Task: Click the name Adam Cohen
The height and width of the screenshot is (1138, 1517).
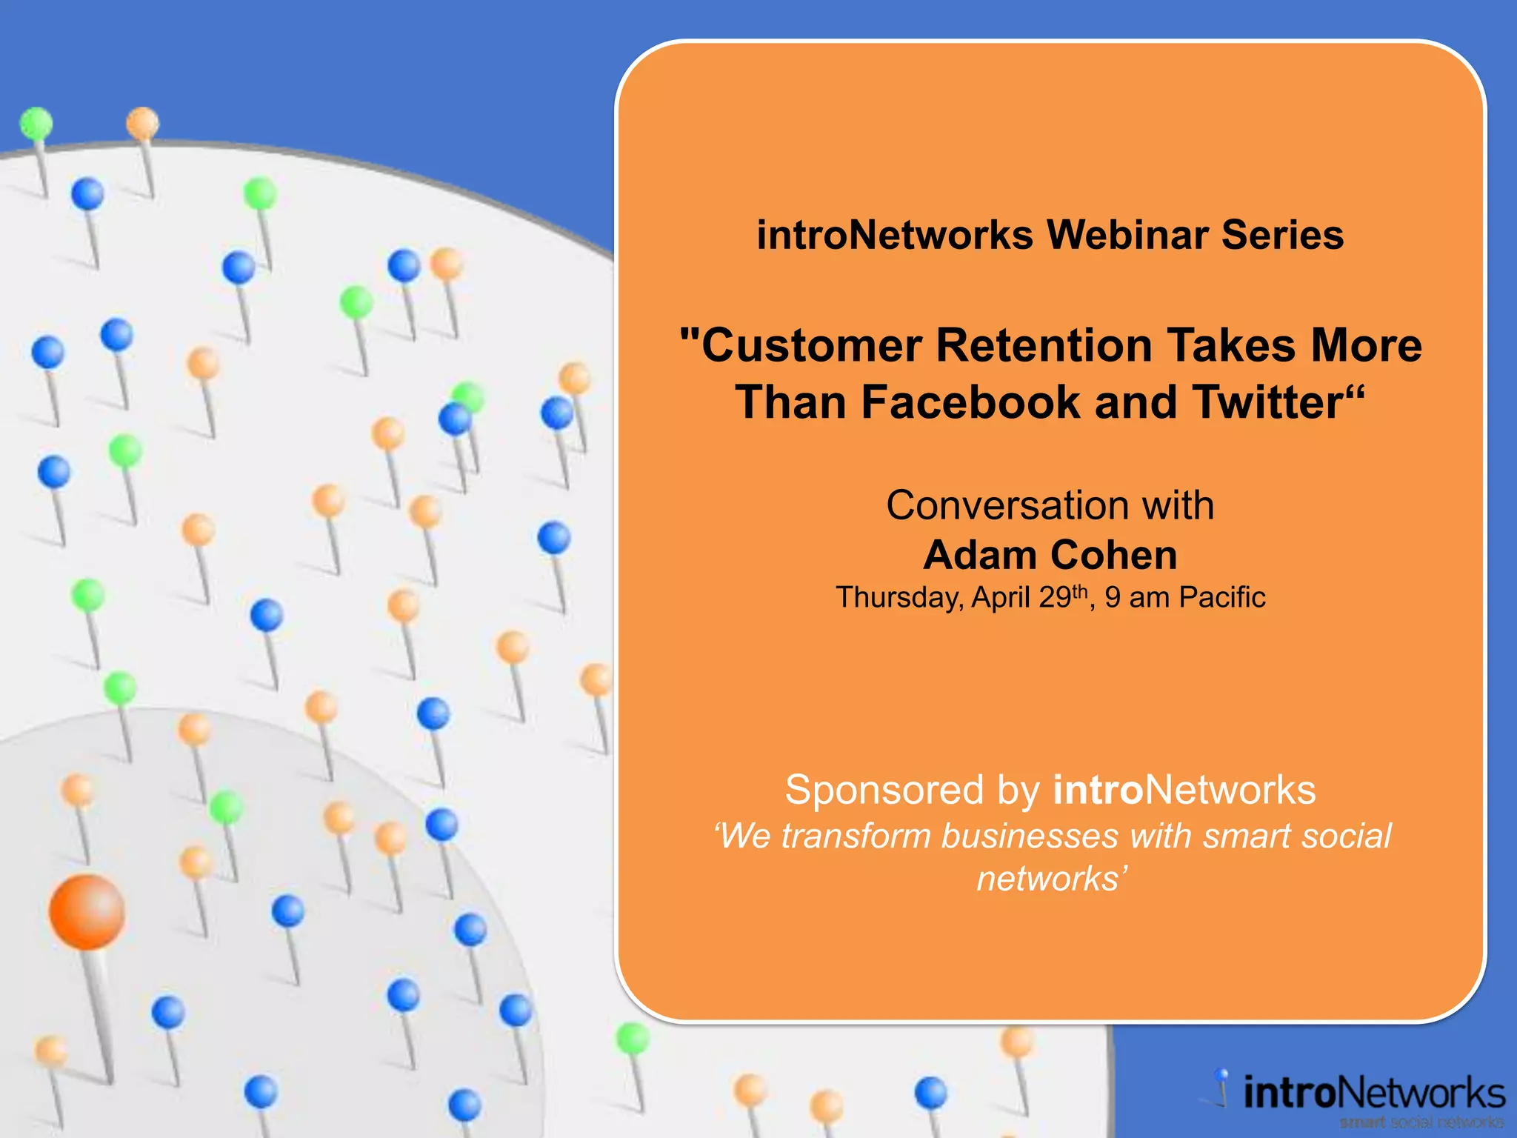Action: [x=1050, y=555]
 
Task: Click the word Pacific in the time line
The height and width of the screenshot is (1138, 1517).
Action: [x=1221, y=597]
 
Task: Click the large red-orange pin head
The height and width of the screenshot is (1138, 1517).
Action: [x=87, y=911]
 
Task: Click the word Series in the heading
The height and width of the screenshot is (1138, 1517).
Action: [x=1282, y=236]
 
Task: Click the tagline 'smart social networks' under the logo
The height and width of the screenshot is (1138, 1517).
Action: [x=1421, y=1122]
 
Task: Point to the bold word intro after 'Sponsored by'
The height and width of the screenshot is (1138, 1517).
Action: [x=1097, y=790]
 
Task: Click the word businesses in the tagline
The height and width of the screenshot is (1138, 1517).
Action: [x=1030, y=836]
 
